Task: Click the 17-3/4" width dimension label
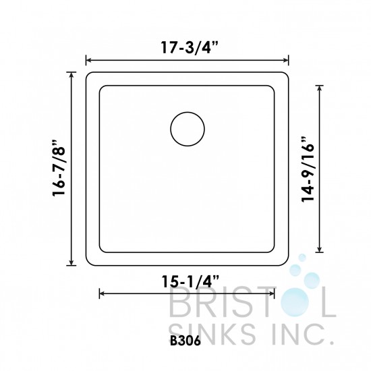coord(187,48)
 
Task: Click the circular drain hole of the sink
coord(187,130)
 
